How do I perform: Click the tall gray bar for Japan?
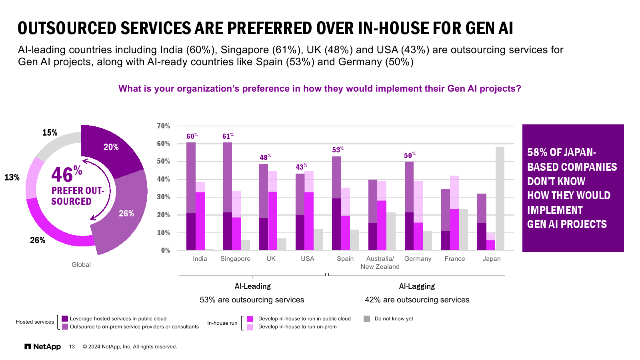click(x=500, y=198)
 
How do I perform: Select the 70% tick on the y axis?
click(x=163, y=126)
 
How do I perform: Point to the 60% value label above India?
click(x=192, y=136)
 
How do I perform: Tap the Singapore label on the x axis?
click(x=235, y=259)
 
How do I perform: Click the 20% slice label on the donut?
click(x=111, y=147)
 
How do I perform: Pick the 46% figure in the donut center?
click(x=66, y=174)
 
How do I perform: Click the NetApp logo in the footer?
click(x=43, y=346)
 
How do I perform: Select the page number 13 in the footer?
click(x=72, y=347)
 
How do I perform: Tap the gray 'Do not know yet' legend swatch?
click(x=367, y=319)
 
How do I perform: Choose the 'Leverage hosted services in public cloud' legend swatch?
click(x=65, y=319)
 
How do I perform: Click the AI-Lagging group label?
click(x=417, y=286)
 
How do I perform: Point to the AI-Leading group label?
click(x=252, y=286)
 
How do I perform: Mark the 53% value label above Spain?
click(x=338, y=150)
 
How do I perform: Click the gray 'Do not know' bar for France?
click(x=464, y=230)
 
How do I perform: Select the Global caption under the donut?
click(x=81, y=265)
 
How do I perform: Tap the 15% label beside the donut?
click(x=50, y=133)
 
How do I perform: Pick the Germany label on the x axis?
click(x=418, y=259)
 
